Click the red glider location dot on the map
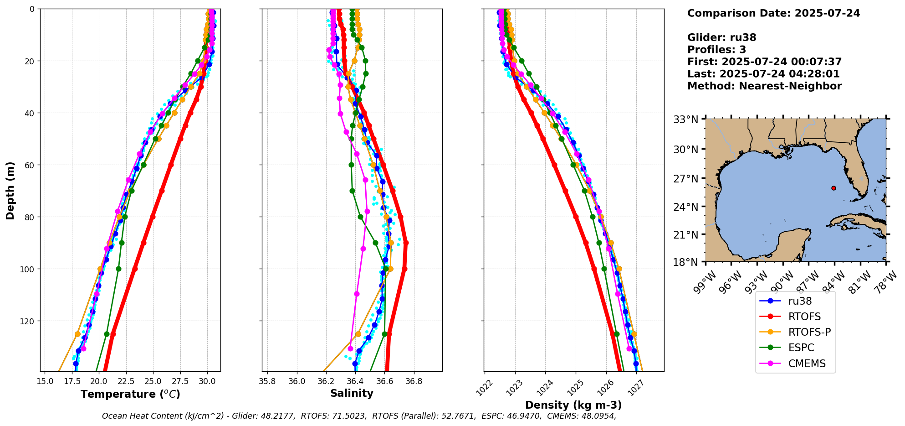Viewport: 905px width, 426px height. (833, 188)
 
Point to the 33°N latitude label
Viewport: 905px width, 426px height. (685, 119)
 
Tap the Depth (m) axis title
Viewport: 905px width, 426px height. (10, 190)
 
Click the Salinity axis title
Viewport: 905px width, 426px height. (352, 393)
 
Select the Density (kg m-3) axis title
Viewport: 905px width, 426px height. (573, 405)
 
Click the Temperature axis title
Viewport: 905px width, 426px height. (130, 394)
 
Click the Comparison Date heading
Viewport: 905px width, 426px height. (773, 13)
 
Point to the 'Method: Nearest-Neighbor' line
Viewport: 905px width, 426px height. (764, 86)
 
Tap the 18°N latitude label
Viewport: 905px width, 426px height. (685, 262)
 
